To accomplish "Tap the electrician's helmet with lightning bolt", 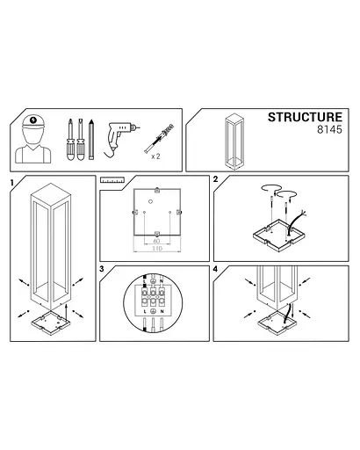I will pos(33,123).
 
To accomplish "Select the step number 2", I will pos(215,179).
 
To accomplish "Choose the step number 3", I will pos(103,268).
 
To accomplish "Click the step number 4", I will pos(215,268).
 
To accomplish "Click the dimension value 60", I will pos(155,239).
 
